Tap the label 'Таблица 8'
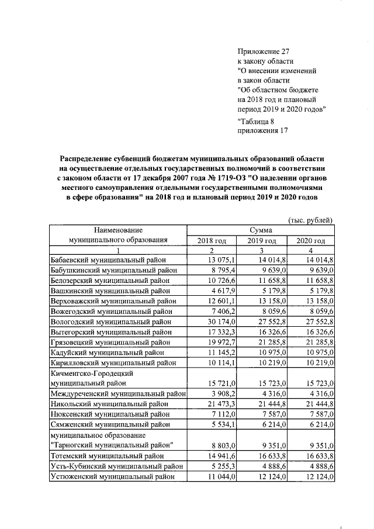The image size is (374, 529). pyautogui.click(x=257, y=122)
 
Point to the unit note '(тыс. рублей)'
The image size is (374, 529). pyautogui.click(x=311, y=220)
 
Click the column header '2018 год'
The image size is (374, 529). pyautogui.click(x=212, y=240)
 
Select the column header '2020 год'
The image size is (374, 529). pyautogui.click(x=310, y=240)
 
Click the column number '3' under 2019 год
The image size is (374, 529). pyautogui.click(x=261, y=250)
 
